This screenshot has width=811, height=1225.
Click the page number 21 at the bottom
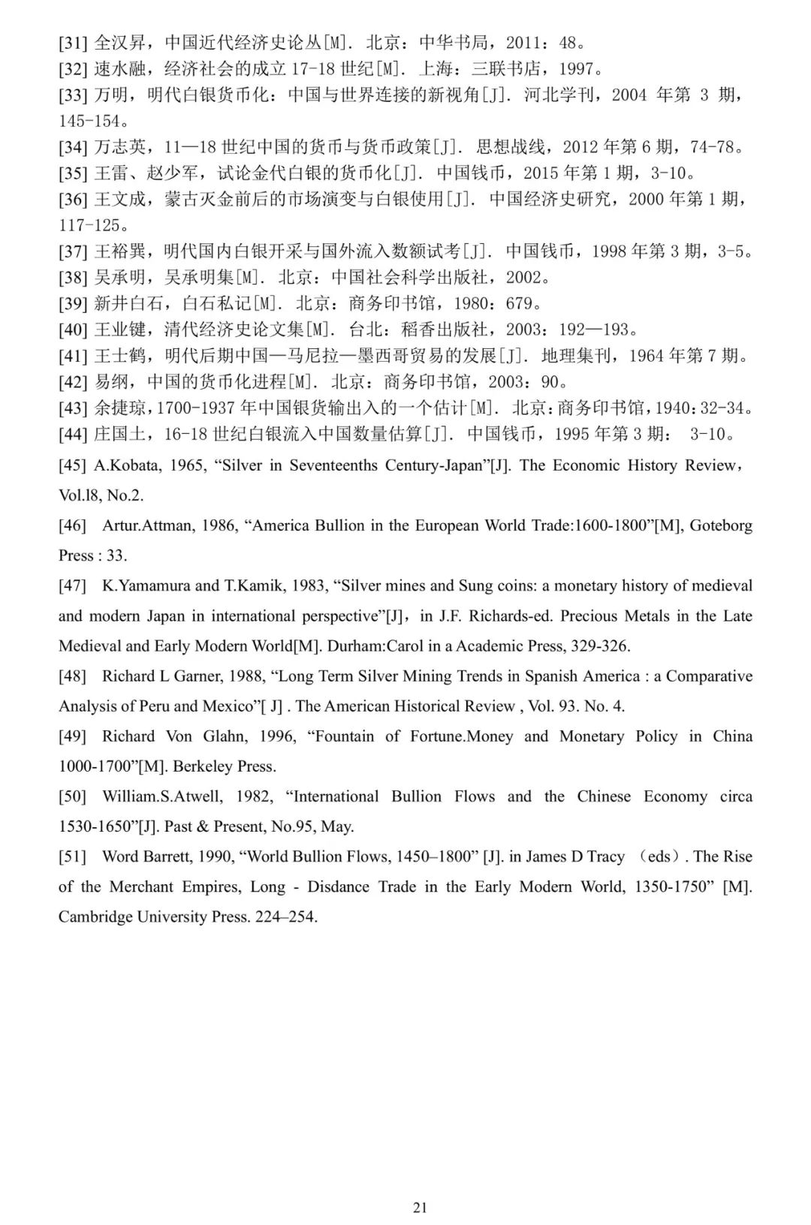(x=420, y=1207)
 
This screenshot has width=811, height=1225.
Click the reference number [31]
(x=73, y=43)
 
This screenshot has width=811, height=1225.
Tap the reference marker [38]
(x=73, y=278)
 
